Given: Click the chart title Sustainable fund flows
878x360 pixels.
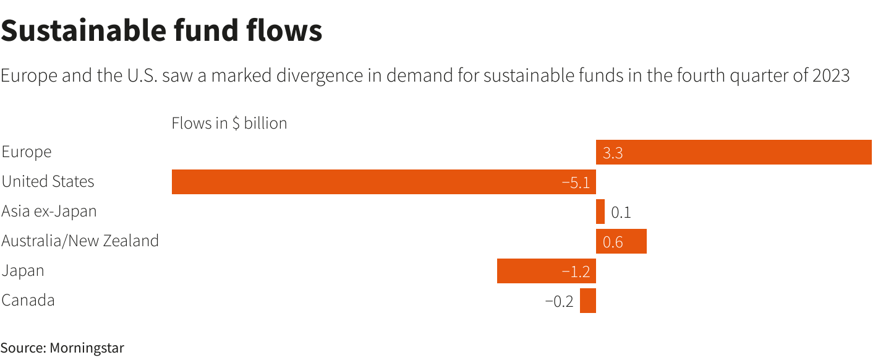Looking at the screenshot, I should click(161, 30).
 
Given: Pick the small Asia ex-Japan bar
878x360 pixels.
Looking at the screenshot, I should click(600, 212).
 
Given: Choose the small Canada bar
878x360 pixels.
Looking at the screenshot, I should click(588, 301).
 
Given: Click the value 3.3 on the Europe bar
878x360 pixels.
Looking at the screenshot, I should click(613, 153).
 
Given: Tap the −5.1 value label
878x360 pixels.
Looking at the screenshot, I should click(576, 182).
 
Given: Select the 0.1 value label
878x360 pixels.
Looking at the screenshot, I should click(621, 212).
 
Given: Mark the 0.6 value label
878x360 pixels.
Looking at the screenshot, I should click(613, 242).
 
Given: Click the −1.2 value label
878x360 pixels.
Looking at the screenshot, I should click(576, 272).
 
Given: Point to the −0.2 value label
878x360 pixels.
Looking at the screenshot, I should click(559, 301).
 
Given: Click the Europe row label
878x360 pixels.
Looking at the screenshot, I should click(27, 152).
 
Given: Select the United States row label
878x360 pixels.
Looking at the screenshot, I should click(48, 181).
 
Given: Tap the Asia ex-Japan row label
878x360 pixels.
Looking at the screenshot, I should click(49, 211).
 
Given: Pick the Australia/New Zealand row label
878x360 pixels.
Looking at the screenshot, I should click(80, 241).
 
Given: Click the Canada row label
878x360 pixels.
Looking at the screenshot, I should click(28, 300).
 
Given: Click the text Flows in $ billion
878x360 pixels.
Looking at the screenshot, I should click(229, 123).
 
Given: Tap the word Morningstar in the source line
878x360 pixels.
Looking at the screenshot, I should click(87, 348).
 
